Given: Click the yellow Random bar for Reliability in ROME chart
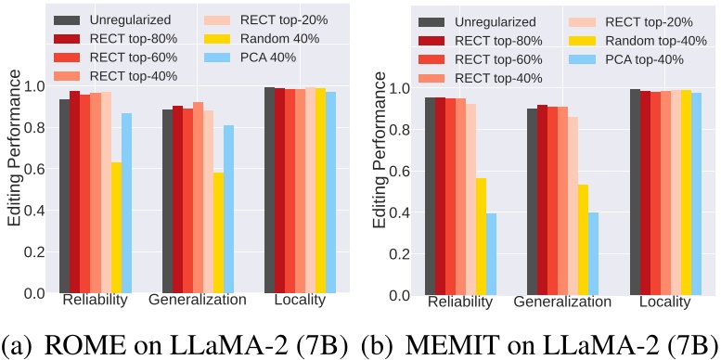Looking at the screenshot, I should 116,227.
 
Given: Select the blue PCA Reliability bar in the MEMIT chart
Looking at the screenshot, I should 491,253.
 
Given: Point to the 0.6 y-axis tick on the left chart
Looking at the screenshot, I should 36,169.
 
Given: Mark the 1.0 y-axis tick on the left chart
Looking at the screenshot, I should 36,86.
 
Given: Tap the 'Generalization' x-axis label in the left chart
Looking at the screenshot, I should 198,301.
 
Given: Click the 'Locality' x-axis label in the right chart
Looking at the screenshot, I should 662,302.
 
